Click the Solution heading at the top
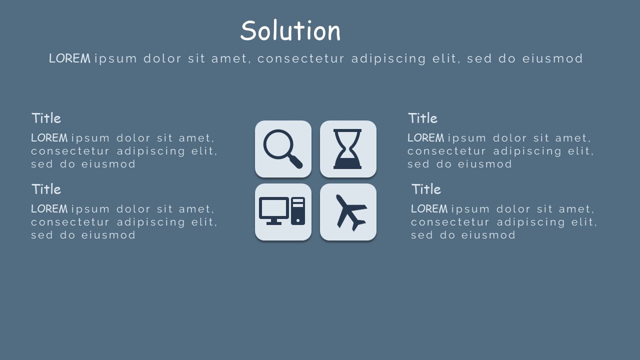coord(290,31)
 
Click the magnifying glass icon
coord(283,149)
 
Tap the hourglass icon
coord(348,149)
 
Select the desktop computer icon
coord(282,211)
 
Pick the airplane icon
coord(349,212)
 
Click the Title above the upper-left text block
coord(46,118)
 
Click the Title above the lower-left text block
coord(46,189)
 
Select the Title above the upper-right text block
coord(422,118)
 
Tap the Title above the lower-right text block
coord(426,189)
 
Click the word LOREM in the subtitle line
coord(69,58)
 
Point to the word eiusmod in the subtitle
coord(552,58)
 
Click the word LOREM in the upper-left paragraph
coord(49,138)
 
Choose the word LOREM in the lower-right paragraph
coord(429,209)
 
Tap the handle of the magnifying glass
coord(295,161)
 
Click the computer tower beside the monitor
coord(298,211)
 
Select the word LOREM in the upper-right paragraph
coord(425,138)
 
